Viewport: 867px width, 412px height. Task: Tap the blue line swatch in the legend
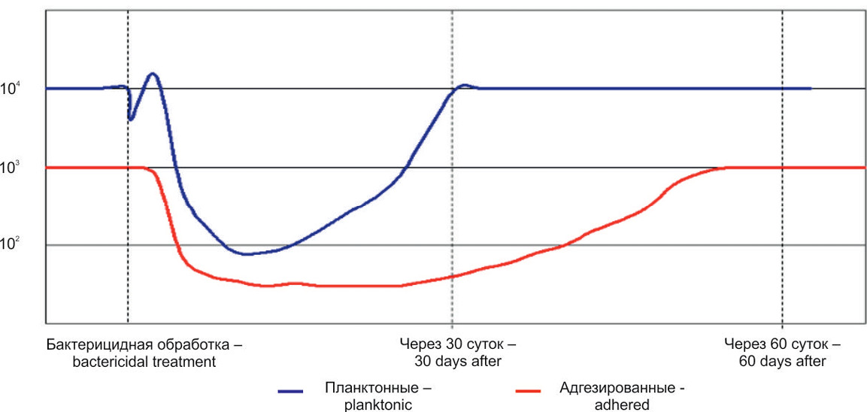click(x=290, y=391)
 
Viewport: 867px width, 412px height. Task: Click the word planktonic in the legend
click(x=374, y=404)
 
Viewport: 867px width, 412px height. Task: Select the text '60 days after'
click(x=782, y=361)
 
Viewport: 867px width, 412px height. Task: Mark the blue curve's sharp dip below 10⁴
click(x=131, y=119)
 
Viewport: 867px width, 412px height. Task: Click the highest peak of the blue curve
click(x=153, y=74)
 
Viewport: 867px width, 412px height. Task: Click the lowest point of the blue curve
click(x=247, y=254)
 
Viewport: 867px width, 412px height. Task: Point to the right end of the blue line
click(x=811, y=89)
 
